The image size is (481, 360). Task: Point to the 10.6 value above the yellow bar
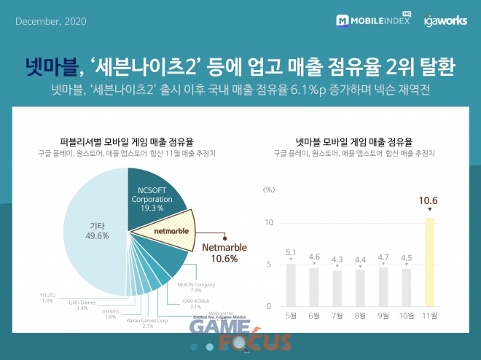point(429,200)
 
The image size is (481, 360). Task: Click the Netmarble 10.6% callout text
point(224,253)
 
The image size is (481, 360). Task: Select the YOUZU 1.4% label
point(47,297)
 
